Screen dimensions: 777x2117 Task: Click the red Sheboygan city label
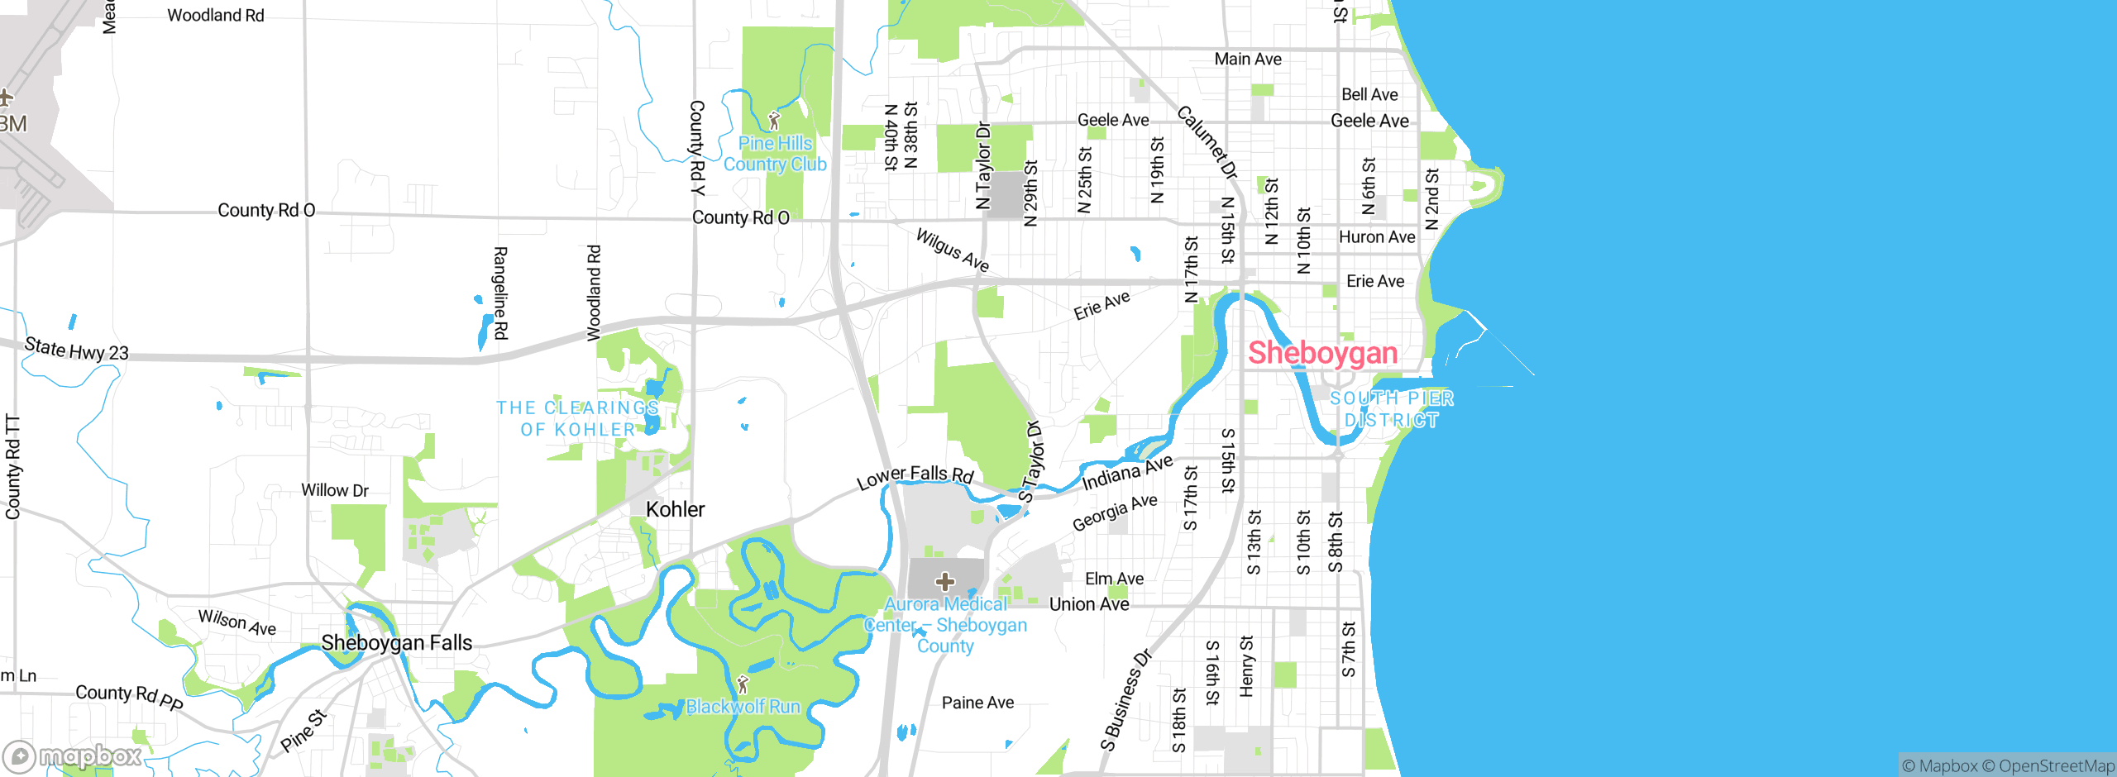[1322, 353]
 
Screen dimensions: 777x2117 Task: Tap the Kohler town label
[675, 509]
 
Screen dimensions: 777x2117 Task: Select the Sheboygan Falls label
[396, 642]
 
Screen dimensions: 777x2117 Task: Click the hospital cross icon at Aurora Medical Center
[944, 582]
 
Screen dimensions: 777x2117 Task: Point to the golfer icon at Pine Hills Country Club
[774, 121]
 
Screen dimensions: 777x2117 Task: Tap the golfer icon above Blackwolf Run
[743, 684]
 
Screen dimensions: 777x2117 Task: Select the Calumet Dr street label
[1207, 142]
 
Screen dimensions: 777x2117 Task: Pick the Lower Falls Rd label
[915, 476]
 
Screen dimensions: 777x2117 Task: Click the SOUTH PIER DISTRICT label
[1392, 409]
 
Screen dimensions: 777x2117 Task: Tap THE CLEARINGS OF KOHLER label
[577, 418]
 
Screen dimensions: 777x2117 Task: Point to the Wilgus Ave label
[952, 250]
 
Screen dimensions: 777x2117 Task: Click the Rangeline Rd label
[500, 293]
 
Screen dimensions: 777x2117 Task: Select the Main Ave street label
[1247, 59]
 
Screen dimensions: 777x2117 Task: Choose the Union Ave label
[1088, 604]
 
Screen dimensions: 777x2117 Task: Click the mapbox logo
[73, 756]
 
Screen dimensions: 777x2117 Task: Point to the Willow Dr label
[334, 490]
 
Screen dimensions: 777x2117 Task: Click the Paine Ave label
[977, 703]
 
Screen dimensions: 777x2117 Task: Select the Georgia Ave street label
[1114, 513]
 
